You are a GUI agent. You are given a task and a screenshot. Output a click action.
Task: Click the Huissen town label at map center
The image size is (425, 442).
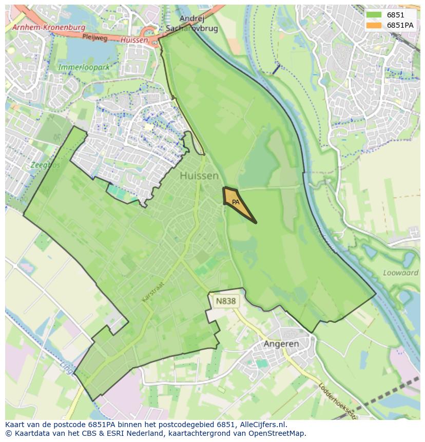[199, 176]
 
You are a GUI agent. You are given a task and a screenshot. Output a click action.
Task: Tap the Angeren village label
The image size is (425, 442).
[281, 343]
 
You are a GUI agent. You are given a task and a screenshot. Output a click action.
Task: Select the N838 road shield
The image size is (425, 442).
[226, 301]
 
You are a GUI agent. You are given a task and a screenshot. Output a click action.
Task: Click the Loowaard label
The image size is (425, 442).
[401, 273]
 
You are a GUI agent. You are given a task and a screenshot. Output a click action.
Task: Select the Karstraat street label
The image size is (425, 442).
[153, 291]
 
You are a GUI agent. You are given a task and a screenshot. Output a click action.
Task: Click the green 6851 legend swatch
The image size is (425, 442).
[374, 15]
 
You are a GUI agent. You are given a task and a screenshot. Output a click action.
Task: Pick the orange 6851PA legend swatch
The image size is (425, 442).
[374, 25]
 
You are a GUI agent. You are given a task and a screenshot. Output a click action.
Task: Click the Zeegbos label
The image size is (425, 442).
[45, 165]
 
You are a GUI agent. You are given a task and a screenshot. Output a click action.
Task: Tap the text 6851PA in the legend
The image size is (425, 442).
[400, 25]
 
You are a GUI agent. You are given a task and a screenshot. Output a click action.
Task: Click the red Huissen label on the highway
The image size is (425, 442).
[134, 40]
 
